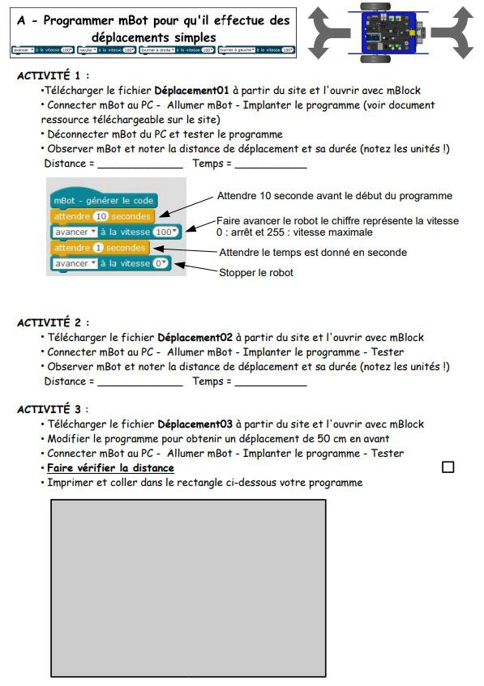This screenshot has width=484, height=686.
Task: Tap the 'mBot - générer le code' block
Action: (102, 200)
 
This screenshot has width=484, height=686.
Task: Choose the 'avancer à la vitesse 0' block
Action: (109, 263)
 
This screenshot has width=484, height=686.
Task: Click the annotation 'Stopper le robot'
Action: (255, 273)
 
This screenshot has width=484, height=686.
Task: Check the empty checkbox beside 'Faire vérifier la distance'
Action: (448, 467)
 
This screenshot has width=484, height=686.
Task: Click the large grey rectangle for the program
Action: (188, 587)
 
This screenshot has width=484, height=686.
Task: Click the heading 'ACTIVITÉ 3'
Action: (53, 409)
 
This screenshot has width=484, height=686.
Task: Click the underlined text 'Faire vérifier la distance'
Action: (110, 468)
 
